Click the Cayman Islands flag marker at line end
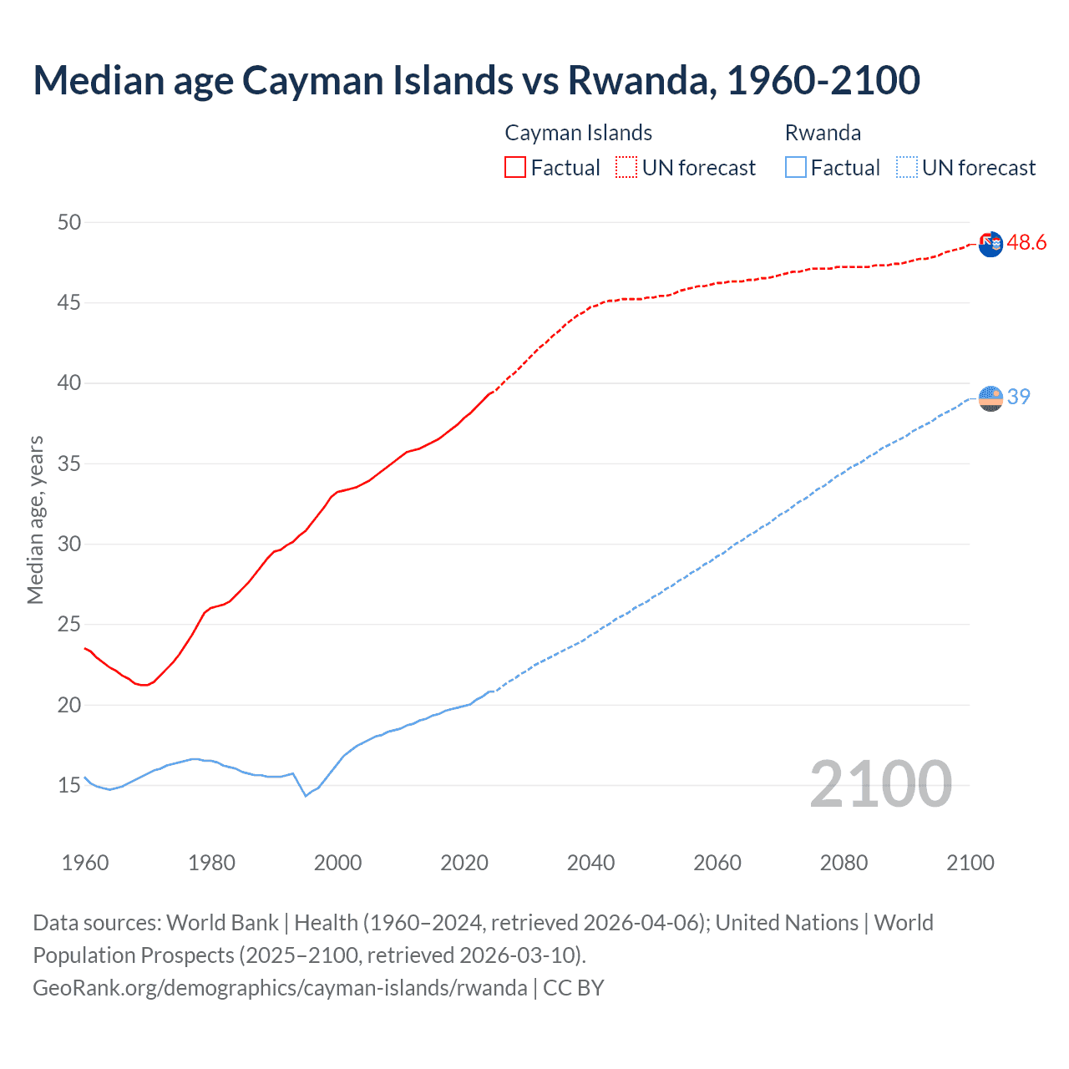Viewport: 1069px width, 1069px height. tap(990, 245)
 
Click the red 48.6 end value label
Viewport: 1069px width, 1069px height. tap(1026, 242)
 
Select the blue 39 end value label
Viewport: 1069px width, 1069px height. tap(1018, 397)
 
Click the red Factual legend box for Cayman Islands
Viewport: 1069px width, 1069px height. tap(515, 167)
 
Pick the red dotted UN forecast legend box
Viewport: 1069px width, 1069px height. tap(626, 167)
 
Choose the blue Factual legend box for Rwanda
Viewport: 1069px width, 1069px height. tap(796, 167)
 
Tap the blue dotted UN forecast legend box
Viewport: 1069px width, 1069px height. tap(907, 167)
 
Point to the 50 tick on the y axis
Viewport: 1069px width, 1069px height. tap(69, 222)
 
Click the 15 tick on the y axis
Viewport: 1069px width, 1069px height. tap(69, 785)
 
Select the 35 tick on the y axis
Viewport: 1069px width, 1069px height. tap(69, 464)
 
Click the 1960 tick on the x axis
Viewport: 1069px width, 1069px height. tap(85, 863)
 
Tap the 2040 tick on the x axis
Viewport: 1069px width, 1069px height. tap(590, 863)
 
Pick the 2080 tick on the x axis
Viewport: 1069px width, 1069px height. tap(844, 863)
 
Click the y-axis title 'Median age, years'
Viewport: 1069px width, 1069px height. tap(35, 519)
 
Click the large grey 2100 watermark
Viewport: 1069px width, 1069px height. tap(880, 783)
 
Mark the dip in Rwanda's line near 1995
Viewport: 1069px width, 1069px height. tap(306, 795)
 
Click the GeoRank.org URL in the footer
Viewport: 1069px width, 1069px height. tap(280, 987)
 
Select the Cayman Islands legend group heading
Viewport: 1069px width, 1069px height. tap(578, 133)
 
